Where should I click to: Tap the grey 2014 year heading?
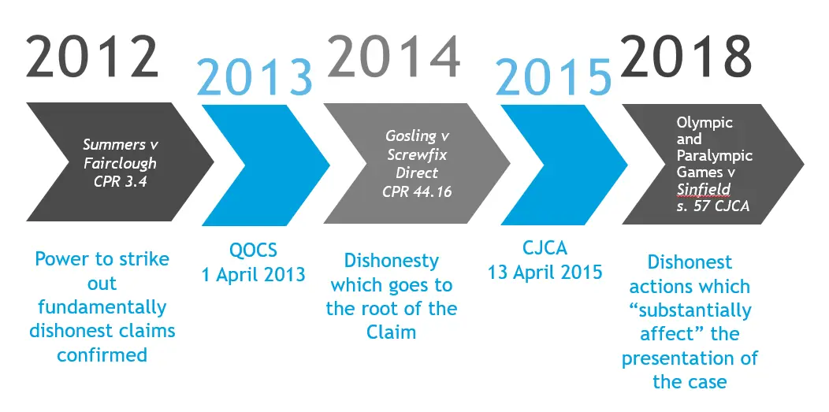tap(393, 57)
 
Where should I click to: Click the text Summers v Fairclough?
tap(121, 154)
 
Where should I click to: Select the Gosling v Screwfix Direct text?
tap(418, 154)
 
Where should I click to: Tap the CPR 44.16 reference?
tap(418, 191)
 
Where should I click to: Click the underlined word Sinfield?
tap(704, 188)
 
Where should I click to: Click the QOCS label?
tap(255, 251)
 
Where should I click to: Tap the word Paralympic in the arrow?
tap(714, 155)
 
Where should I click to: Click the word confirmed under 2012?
tap(102, 354)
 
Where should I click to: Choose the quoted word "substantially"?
tap(690, 310)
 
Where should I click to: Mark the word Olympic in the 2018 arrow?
tap(704, 123)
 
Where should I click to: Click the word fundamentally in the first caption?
tap(102, 306)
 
